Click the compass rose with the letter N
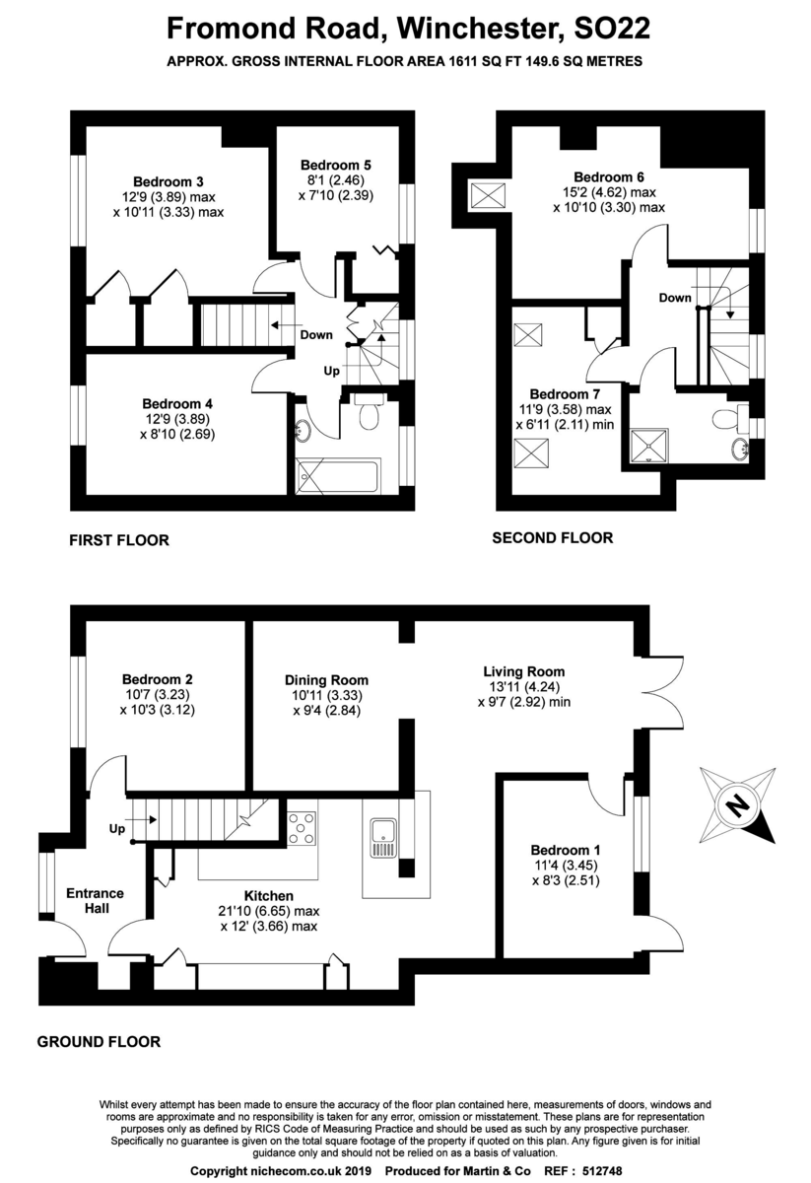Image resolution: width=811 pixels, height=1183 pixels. point(736,805)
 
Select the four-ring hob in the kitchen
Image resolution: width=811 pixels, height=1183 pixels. point(303,827)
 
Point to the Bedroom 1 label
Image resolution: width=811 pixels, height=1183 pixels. point(566,850)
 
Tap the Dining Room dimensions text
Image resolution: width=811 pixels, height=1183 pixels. point(326,704)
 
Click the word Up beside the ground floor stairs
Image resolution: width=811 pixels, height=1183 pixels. point(116,830)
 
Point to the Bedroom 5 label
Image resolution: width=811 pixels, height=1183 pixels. point(335,165)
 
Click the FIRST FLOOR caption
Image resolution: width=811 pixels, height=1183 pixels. point(118,540)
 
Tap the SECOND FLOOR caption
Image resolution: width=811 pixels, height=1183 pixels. point(552,537)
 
